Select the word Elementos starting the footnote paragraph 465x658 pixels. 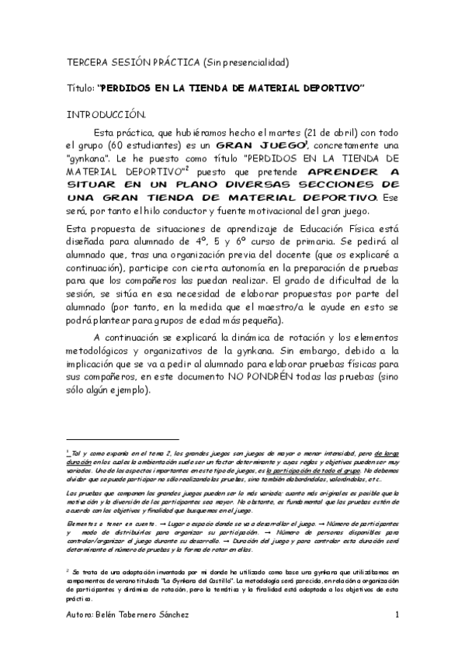pyautogui.click(x=84, y=525)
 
